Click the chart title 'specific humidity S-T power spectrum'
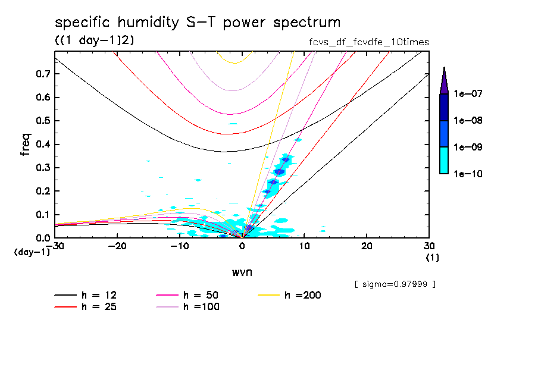point(198,23)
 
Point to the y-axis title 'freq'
point(25,145)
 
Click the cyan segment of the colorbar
point(444,160)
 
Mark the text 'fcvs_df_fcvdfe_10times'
point(365,42)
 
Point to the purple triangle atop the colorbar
point(444,81)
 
